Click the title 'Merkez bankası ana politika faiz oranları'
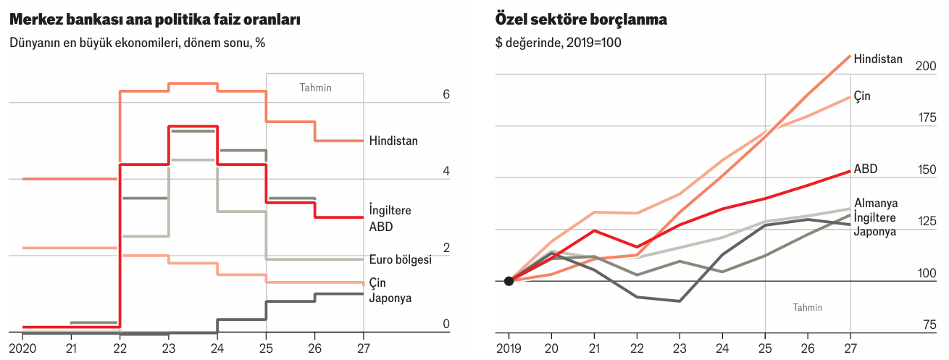point(155,20)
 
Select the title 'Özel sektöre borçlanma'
point(581,20)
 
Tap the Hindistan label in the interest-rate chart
point(393,141)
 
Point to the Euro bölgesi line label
point(400,259)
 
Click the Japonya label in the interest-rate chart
point(390,297)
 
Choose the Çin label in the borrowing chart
point(862,96)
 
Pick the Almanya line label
point(875,203)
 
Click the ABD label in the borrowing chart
point(866,169)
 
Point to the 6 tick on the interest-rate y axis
point(446,95)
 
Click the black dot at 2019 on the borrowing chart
point(509,281)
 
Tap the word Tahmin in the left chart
point(315,88)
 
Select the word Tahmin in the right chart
point(807,307)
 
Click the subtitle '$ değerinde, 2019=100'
point(558,43)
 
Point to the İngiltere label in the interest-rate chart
point(390,210)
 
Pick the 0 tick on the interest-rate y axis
point(446,324)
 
